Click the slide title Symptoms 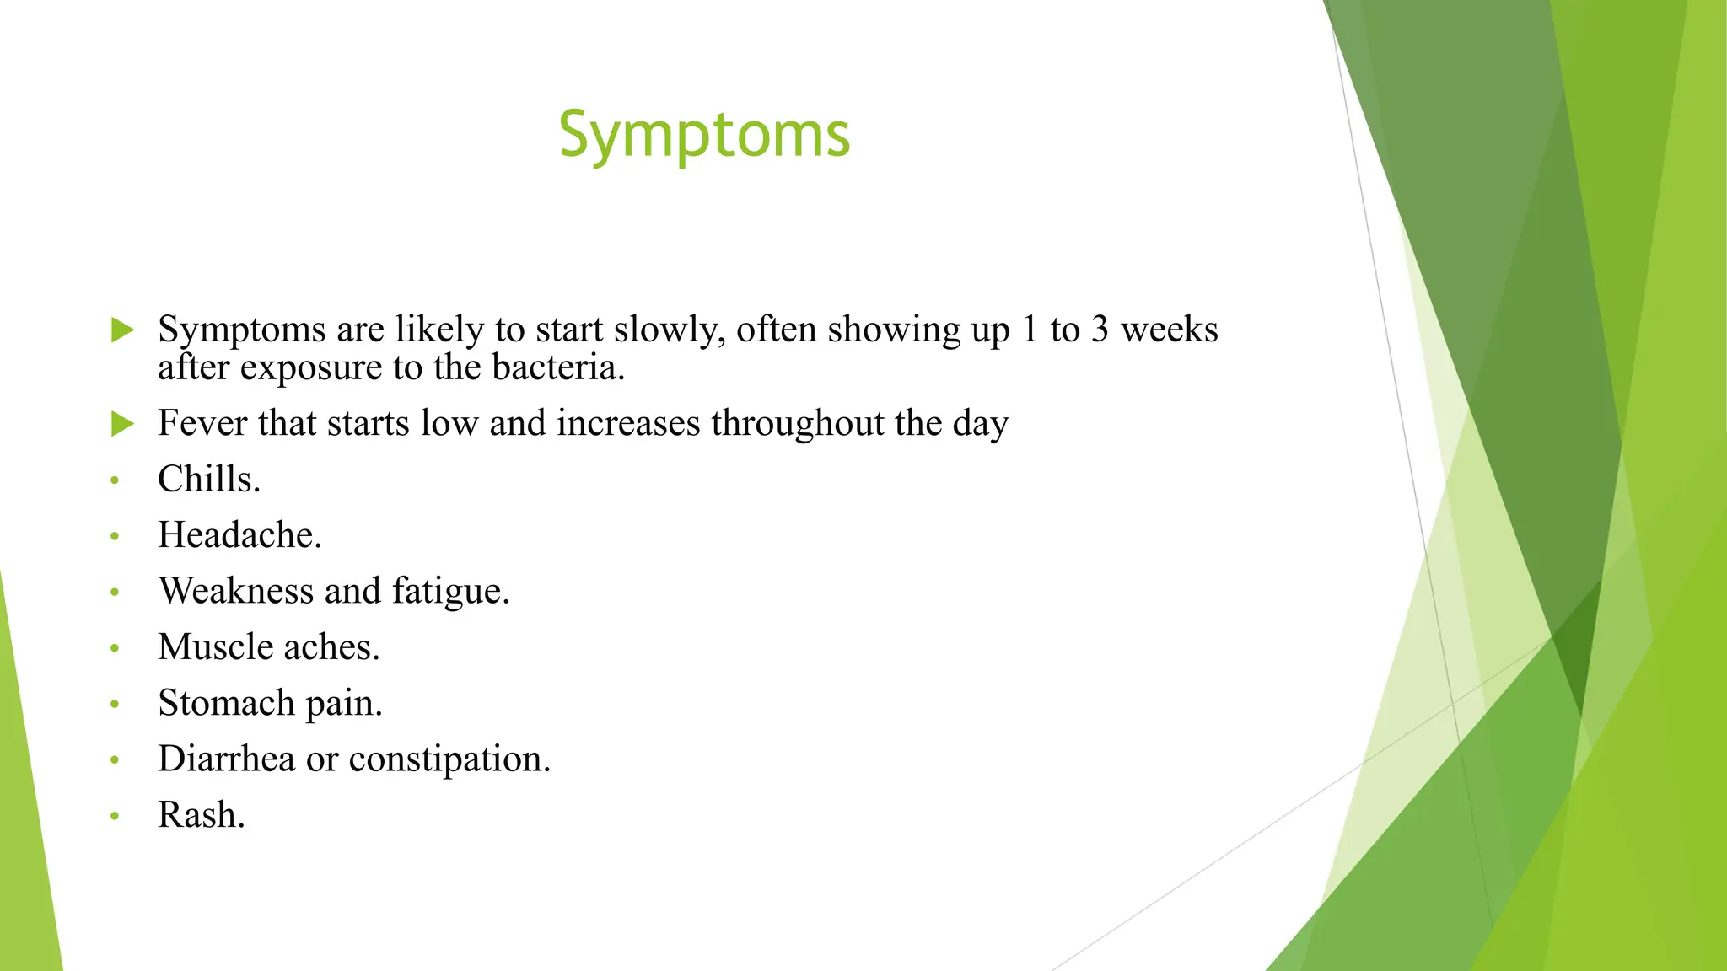(x=704, y=136)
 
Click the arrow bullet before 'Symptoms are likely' (x=123, y=330)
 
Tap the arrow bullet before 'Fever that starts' (x=123, y=423)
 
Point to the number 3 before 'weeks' (x=1099, y=330)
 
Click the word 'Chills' (x=206, y=479)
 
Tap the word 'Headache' (x=237, y=535)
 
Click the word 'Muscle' (x=215, y=647)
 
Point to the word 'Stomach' (x=225, y=703)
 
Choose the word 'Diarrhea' (x=226, y=759)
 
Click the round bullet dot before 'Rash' (x=115, y=816)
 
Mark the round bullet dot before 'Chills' (x=115, y=480)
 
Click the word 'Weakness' (x=235, y=591)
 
